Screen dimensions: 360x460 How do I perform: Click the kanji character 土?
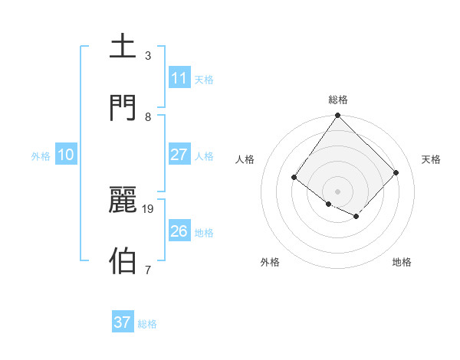(124, 47)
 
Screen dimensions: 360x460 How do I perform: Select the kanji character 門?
(124, 106)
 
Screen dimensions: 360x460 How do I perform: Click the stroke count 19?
(149, 208)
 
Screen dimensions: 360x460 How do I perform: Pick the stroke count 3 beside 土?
(148, 55)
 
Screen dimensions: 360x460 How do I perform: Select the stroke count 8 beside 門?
(148, 116)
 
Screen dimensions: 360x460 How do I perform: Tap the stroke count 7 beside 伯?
(148, 269)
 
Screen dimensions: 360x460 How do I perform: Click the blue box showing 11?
(179, 78)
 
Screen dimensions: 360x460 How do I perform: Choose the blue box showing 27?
(179, 155)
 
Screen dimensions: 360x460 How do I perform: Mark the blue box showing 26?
(179, 231)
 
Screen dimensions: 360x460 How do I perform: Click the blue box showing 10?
(66, 155)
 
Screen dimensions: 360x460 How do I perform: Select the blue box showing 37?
(123, 322)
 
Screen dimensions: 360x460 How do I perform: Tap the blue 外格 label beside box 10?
(41, 155)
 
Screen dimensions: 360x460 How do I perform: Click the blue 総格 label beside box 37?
(147, 323)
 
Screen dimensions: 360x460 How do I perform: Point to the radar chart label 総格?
(338, 100)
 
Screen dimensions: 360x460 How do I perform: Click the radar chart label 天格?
(431, 159)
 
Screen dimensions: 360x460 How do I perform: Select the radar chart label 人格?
(245, 159)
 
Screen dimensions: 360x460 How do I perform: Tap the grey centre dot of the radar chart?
(338, 191)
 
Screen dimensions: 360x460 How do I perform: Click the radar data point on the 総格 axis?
(338, 116)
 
